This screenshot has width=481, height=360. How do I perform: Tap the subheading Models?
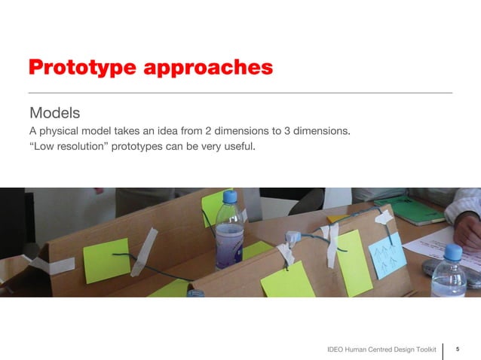pyautogui.click(x=54, y=114)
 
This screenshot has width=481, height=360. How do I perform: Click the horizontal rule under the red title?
pyautogui.click(x=240, y=93)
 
